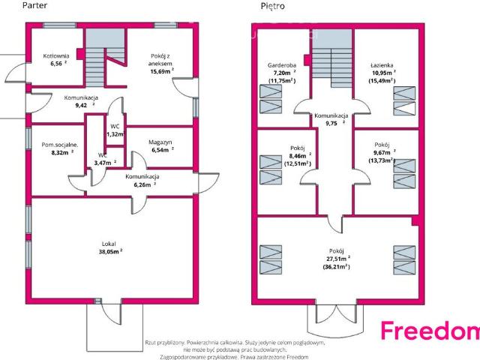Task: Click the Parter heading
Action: tap(34, 5)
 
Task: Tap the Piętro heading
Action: tap(272, 6)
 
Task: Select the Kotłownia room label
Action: tap(56, 56)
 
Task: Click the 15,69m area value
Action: tap(160, 72)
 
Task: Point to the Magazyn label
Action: tap(160, 142)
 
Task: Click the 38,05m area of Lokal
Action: tap(108, 252)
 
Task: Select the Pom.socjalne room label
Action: tap(60, 145)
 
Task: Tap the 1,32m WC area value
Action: tap(115, 134)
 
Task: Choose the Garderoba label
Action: tap(282, 65)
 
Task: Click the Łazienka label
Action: tap(382, 65)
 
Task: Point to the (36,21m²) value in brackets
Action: tap(336, 267)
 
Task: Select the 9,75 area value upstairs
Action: tap(331, 123)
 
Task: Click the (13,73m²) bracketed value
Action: tap(382, 160)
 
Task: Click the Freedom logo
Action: tap(430, 330)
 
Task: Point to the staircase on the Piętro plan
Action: tap(332, 58)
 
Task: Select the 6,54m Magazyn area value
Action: tap(160, 150)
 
